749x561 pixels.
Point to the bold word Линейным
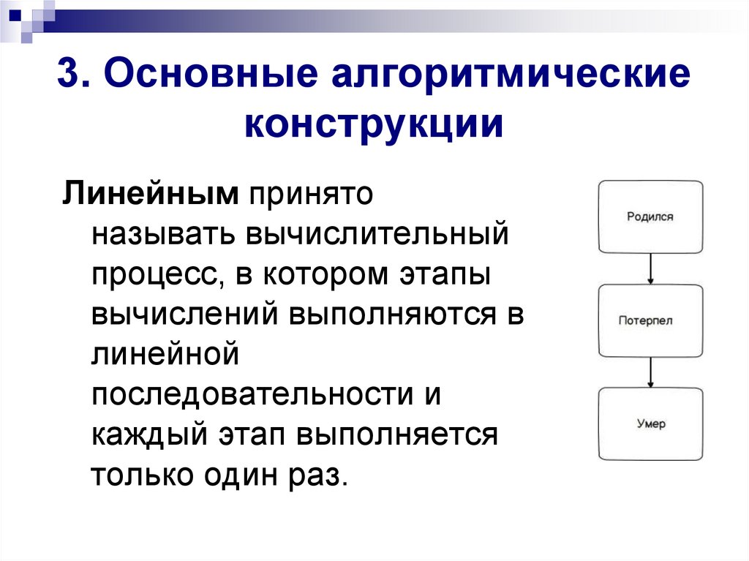coord(151,195)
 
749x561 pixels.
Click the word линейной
coord(166,355)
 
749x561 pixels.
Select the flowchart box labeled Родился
coord(650,217)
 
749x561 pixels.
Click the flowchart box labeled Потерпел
coord(650,320)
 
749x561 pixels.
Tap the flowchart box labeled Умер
coord(650,424)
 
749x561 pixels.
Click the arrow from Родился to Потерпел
coord(650,268)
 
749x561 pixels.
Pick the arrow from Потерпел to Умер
coord(650,372)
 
